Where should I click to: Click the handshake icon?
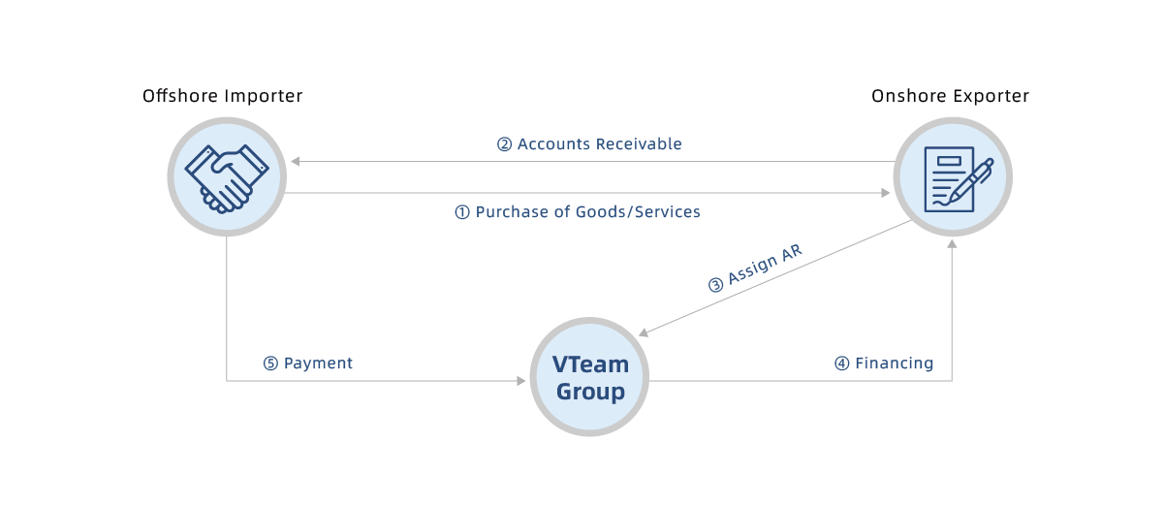coord(227,177)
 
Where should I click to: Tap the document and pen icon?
coord(952,177)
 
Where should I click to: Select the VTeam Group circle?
coord(590,377)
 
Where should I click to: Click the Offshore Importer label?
coord(223,96)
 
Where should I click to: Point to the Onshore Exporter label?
coord(950,96)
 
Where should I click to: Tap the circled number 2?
coord(504,144)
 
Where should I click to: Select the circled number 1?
coord(462,212)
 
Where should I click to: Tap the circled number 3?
coord(715,285)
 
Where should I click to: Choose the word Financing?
coord(894,364)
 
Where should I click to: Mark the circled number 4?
coord(842,364)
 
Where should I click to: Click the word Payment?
coord(318,364)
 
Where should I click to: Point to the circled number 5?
coord(271,364)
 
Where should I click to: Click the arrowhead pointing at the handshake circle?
coord(295,161)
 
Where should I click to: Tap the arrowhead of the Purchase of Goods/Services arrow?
coord(885,193)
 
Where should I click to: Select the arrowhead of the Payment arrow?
coord(521,381)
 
